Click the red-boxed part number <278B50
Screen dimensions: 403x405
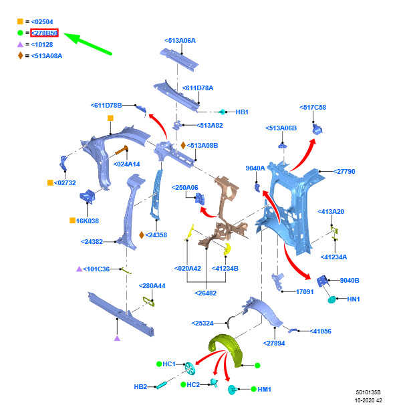click(44, 33)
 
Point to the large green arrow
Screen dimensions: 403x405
click(88, 43)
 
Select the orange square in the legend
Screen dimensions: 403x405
click(20, 21)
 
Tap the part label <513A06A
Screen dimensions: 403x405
click(180, 41)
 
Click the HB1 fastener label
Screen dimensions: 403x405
click(242, 112)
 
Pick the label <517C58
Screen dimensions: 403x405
click(313, 108)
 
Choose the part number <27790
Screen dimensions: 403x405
click(344, 172)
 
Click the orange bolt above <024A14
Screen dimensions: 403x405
click(122, 150)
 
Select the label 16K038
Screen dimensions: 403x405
click(88, 221)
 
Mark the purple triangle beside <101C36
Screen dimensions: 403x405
click(80, 269)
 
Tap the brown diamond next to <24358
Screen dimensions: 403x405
click(142, 235)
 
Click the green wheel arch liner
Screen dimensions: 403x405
click(226, 350)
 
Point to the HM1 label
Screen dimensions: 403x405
click(264, 389)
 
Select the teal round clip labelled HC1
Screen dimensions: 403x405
click(190, 368)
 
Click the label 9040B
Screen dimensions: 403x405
click(350, 281)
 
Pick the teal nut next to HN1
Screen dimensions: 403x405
click(331, 299)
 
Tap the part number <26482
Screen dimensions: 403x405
click(205, 293)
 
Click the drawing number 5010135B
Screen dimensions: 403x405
click(368, 392)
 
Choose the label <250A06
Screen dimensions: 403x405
click(185, 188)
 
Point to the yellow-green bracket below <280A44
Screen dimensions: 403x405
click(149, 301)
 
